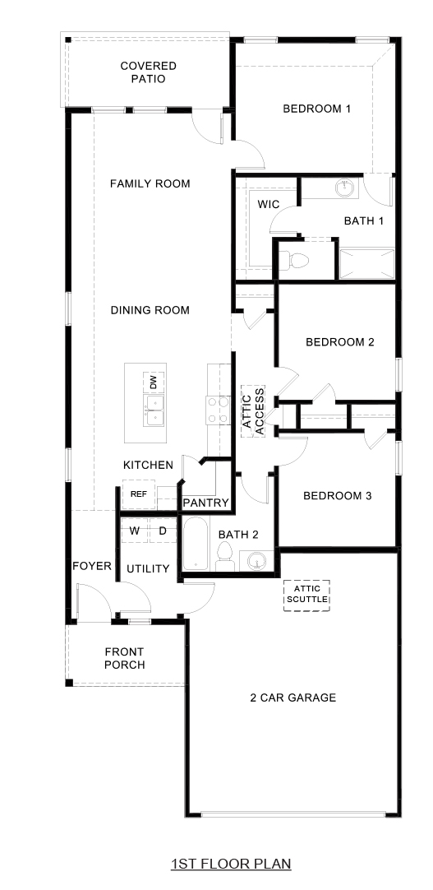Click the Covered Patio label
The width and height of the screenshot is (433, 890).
click(148, 72)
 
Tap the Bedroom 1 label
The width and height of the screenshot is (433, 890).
click(317, 109)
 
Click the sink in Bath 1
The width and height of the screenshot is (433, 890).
click(346, 189)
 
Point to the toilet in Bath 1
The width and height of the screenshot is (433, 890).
click(295, 261)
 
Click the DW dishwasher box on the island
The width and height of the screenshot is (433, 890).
click(153, 382)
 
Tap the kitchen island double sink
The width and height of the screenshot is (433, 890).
click(153, 410)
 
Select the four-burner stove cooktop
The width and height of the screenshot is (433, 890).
click(216, 410)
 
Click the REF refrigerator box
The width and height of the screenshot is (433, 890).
click(139, 494)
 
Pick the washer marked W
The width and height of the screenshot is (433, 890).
click(134, 531)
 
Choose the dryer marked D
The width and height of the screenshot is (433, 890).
click(163, 531)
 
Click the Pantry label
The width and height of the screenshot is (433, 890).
click(205, 503)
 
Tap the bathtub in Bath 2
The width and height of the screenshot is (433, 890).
click(196, 545)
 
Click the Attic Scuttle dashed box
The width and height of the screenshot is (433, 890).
click(306, 595)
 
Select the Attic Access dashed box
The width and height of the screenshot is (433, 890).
click(253, 411)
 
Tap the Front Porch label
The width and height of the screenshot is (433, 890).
click(125, 658)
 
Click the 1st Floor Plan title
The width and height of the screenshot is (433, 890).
click(231, 864)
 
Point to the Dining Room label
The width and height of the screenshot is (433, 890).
click(150, 310)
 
